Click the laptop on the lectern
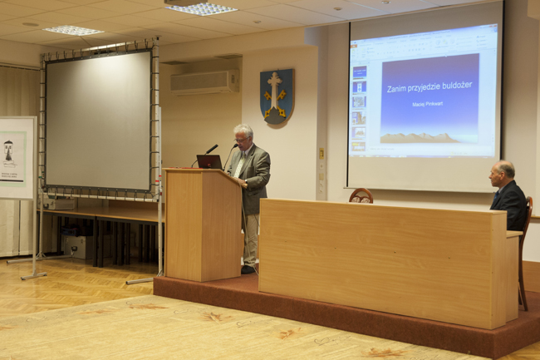click(209, 161)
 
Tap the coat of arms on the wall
click(276, 96)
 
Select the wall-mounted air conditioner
click(204, 81)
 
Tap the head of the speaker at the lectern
click(243, 136)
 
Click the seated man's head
click(503, 174)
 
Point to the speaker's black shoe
click(248, 269)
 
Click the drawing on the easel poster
click(9, 151)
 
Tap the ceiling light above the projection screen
click(201, 8)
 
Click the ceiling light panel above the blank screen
click(73, 31)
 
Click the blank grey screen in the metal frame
click(97, 119)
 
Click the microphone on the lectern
click(212, 149)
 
